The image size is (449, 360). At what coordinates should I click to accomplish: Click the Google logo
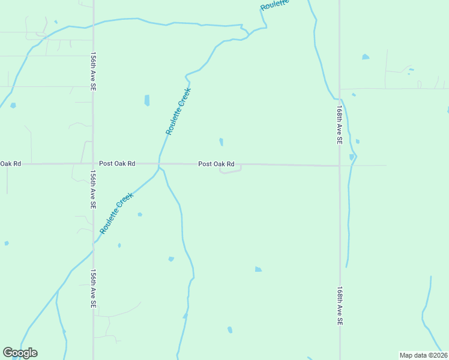[x=20, y=353]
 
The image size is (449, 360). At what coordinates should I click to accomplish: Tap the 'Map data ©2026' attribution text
[x=423, y=355]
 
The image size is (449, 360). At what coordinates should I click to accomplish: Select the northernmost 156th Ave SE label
[x=94, y=71]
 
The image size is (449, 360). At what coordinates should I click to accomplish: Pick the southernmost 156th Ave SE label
[x=94, y=289]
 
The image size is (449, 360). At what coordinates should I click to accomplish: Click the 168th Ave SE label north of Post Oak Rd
[x=339, y=125]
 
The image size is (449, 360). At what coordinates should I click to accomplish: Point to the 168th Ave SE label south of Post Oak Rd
[x=339, y=305]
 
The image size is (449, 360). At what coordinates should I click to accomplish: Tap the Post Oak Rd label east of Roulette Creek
[x=216, y=164]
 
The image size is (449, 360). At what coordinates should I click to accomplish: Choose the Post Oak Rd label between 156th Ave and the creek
[x=117, y=163]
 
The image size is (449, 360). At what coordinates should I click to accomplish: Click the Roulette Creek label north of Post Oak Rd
[x=178, y=112]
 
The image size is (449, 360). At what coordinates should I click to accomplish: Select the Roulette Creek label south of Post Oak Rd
[x=116, y=213]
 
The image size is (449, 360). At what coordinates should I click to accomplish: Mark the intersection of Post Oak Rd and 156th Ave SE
[x=92, y=163]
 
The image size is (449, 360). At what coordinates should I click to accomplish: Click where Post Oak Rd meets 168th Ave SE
[x=339, y=166]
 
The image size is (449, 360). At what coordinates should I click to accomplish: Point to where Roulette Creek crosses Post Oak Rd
[x=159, y=164]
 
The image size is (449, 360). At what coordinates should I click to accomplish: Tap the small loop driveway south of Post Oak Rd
[x=231, y=171]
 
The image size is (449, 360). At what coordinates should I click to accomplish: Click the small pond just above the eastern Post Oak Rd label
[x=221, y=142]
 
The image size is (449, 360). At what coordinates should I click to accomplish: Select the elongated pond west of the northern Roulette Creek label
[x=147, y=100]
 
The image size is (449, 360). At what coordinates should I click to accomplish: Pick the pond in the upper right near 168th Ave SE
[x=366, y=57]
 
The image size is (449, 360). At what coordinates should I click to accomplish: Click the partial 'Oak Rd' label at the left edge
[x=11, y=163]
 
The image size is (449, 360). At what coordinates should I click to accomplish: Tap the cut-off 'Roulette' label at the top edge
[x=275, y=5]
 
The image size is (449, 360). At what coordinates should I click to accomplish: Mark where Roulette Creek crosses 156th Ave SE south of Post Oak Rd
[x=93, y=243]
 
